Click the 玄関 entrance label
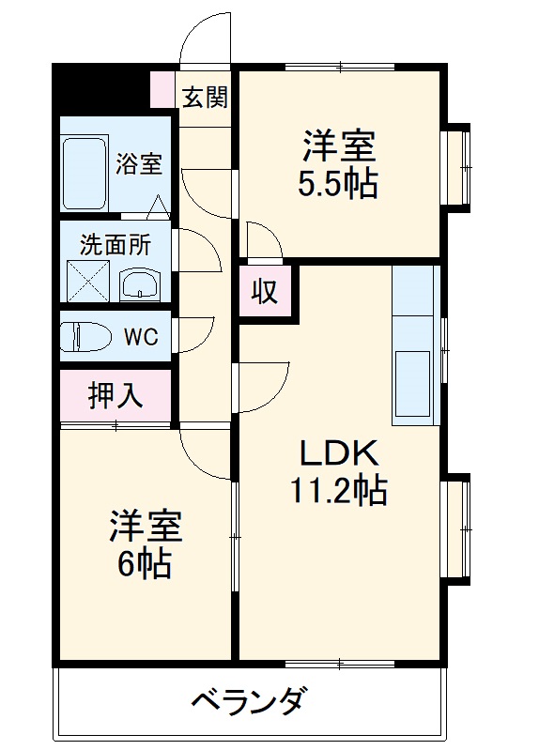click(x=205, y=97)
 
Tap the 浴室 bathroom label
click(x=138, y=163)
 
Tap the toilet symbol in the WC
click(x=85, y=336)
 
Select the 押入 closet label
click(x=115, y=396)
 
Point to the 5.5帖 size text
click(x=338, y=184)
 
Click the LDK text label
click(x=338, y=454)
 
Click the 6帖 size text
click(x=145, y=562)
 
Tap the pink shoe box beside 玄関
click(x=162, y=88)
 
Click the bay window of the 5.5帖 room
click(x=458, y=168)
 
